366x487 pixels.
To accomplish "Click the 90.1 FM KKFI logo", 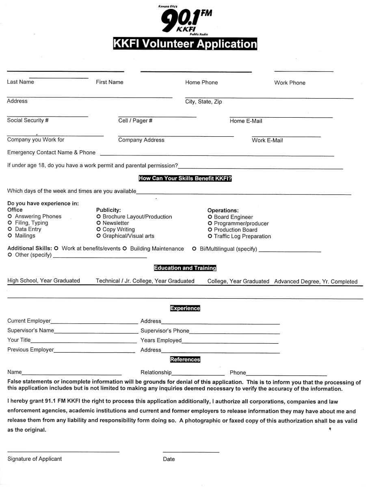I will coord(185,20).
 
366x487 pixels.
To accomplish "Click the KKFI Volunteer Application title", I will coord(185,44).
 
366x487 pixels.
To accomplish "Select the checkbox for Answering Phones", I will coord(10,217).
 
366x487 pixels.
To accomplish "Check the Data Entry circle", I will coord(10,229).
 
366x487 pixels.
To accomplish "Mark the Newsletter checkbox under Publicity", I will coord(99,223).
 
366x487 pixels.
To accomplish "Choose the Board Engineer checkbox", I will coord(210,217).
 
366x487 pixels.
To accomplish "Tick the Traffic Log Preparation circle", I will coord(210,236).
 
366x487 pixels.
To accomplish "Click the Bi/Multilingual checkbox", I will coord(194,249).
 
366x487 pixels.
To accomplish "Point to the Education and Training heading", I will coord(185,268).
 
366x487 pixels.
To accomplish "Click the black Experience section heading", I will coord(185,308).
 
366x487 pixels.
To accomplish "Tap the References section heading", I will coord(185,360).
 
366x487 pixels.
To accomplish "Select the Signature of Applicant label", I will coord(35,459).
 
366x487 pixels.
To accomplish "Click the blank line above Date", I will coord(191,451).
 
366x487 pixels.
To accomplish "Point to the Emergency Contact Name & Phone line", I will coord(217,155).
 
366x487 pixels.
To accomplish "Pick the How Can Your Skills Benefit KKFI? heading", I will coord(185,179).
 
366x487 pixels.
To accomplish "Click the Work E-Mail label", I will coord(267,140).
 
